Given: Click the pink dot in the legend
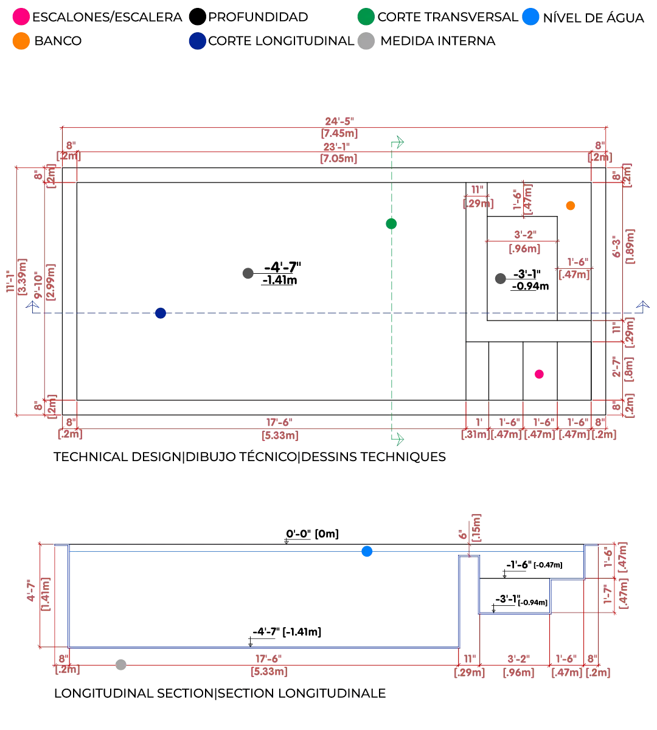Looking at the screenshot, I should (x=21, y=16).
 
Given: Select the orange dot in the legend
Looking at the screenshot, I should (x=21, y=41).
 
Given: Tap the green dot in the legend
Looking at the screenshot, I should (x=366, y=16).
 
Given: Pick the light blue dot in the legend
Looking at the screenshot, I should (x=530, y=16).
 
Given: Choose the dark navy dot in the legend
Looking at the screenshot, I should (x=197, y=41).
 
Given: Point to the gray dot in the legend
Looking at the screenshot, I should (x=366, y=41).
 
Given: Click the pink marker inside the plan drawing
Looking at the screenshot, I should (x=539, y=374).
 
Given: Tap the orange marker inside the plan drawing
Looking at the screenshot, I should (x=570, y=206).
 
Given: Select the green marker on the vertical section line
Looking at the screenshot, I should (x=392, y=223).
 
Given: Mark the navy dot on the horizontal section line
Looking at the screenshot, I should (x=161, y=314).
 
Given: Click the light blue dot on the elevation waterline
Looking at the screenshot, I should (x=367, y=552).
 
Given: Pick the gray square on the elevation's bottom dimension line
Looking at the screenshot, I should (x=119, y=664).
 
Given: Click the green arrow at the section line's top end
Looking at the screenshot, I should (x=398, y=143).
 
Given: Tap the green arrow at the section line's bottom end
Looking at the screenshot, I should (x=399, y=439).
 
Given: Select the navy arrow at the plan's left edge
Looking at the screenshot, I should (x=32, y=306).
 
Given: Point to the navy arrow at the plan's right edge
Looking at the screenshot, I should (x=642, y=306).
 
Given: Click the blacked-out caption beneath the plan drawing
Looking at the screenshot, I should (x=250, y=455).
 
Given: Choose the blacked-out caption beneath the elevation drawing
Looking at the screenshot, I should (x=221, y=693).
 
